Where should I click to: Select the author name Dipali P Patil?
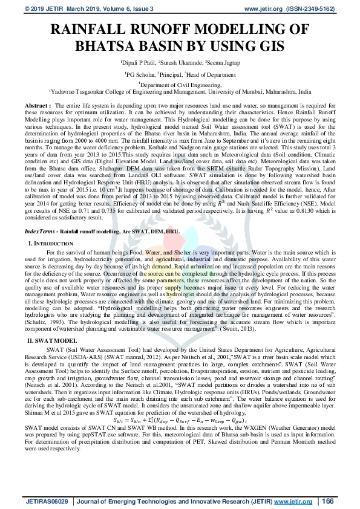(x=139, y=62)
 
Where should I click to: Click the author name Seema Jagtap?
(x=223, y=62)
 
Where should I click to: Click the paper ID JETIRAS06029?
(x=47, y=501)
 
